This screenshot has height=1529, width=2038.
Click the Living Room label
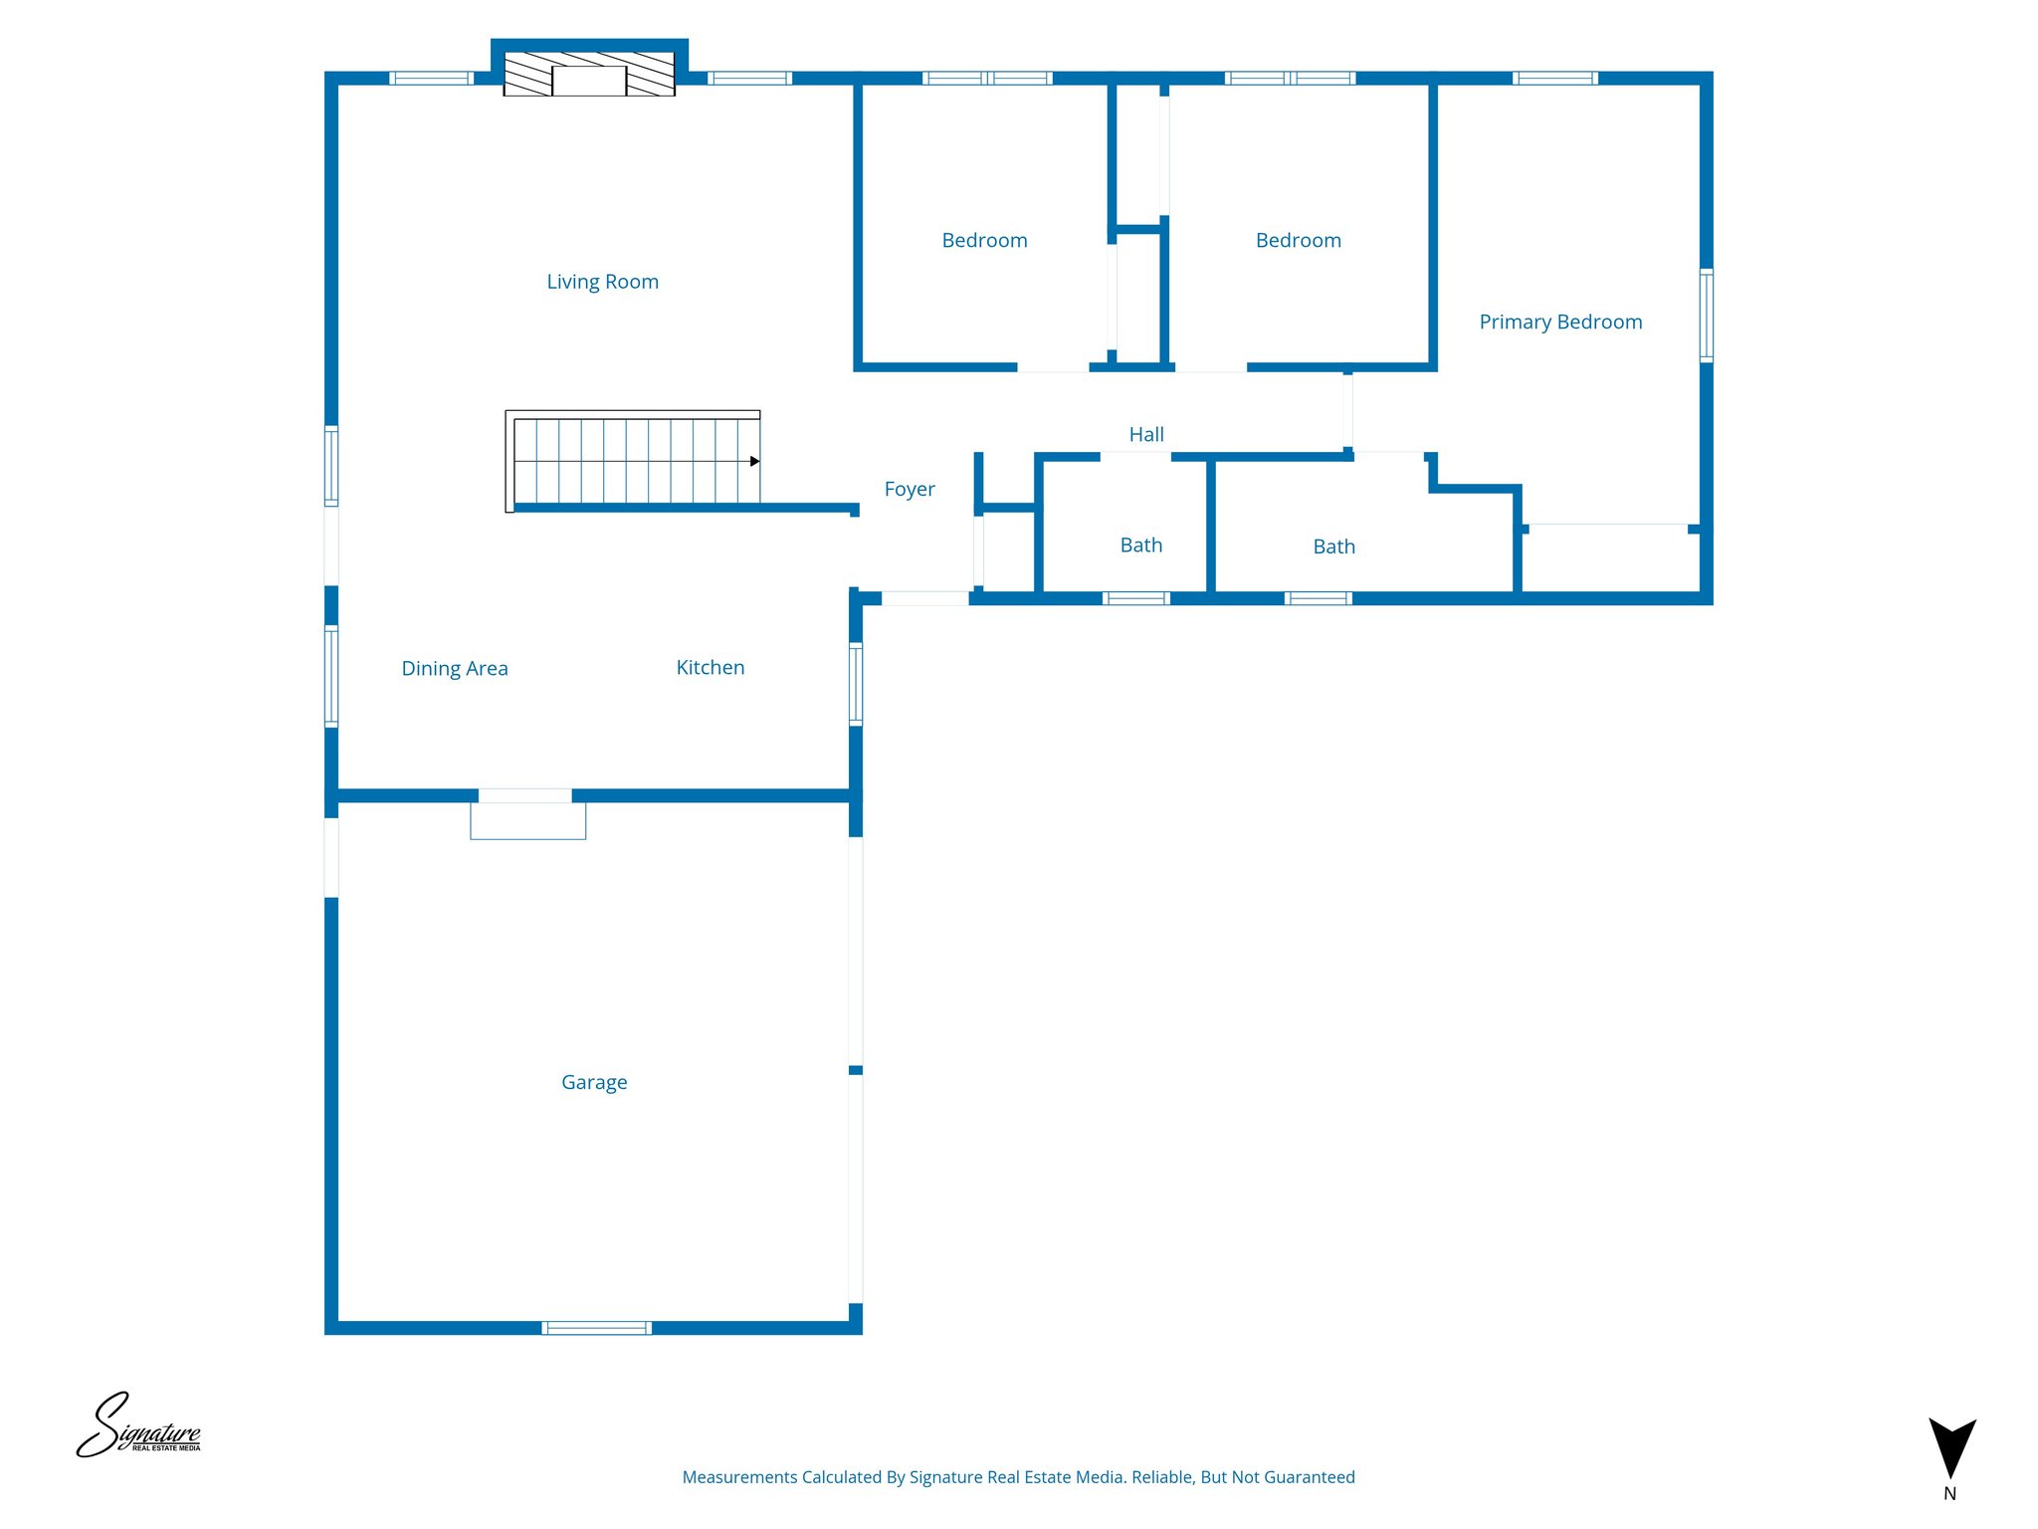(602, 282)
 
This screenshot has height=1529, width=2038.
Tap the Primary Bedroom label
(1559, 322)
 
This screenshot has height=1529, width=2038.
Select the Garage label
(594, 1082)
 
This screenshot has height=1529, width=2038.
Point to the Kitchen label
(710, 667)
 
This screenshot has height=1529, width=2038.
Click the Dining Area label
(454, 668)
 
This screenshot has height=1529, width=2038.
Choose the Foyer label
(909, 489)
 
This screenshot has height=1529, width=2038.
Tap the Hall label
(1145, 434)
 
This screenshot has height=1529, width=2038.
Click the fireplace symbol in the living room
(589, 75)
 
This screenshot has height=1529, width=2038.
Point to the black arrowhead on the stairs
(754, 461)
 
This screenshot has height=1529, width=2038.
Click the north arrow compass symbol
(1951, 1447)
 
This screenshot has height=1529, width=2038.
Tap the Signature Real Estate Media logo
(139, 1426)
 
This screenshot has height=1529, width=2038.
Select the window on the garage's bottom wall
(596, 1327)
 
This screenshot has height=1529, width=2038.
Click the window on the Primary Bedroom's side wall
(1706, 315)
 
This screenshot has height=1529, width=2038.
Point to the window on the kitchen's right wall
(855, 683)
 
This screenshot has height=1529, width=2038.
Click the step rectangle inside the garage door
(527, 821)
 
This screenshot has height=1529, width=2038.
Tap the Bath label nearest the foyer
(1140, 545)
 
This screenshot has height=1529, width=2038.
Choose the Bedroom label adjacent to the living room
(984, 240)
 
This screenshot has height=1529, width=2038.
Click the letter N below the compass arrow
(1949, 1493)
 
